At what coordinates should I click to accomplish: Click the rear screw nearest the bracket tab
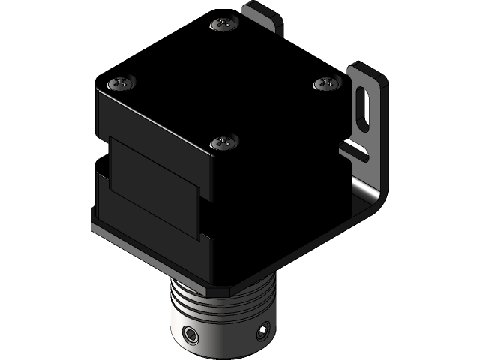point(223,24)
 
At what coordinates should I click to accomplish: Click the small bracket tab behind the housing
point(264,17)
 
